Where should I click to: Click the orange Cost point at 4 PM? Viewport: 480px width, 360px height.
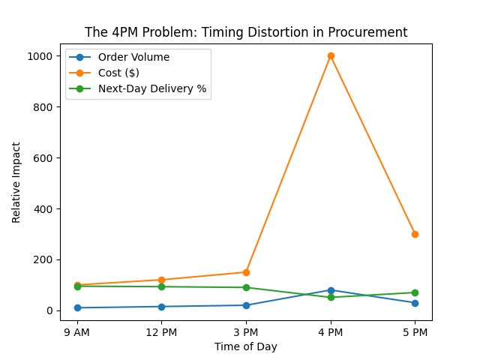point(331,55)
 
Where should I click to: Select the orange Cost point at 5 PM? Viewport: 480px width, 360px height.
point(415,234)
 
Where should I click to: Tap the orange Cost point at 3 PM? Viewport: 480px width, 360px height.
point(246,272)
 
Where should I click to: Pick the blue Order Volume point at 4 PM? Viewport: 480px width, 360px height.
point(331,290)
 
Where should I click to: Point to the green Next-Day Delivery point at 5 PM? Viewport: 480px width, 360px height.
point(415,292)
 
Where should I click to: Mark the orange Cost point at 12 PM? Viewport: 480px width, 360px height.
point(161,280)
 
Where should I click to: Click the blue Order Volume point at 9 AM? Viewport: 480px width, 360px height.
point(77,307)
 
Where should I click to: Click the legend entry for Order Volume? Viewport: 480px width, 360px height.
point(133,58)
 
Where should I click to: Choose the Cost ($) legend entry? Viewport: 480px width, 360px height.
point(118,73)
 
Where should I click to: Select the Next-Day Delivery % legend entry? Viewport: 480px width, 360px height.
point(152,88)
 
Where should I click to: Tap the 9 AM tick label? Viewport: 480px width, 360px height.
point(77,331)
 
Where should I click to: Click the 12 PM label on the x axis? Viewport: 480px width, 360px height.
point(161,331)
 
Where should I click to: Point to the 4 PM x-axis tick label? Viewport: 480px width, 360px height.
point(331,331)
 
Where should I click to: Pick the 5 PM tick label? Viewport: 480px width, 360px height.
point(415,331)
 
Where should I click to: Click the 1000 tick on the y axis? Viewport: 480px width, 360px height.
point(41,56)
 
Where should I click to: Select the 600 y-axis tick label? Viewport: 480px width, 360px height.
point(44,158)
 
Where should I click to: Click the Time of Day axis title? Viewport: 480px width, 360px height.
point(246,346)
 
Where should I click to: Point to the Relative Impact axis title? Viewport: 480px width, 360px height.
point(16,182)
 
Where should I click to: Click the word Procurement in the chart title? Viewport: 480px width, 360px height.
point(371,32)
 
